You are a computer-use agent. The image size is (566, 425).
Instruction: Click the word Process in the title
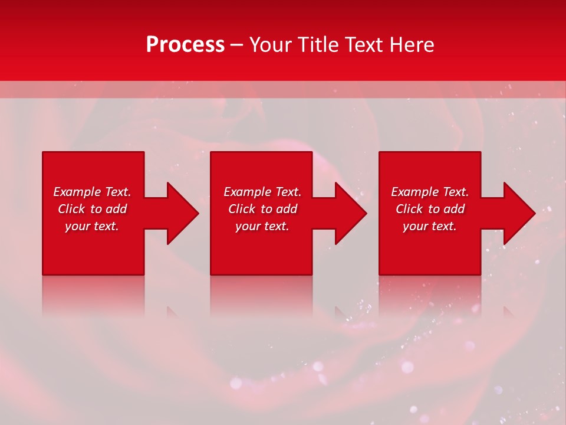[185, 45]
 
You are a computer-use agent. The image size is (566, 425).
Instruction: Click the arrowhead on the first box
[183, 213]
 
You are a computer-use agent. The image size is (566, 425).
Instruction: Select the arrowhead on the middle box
[351, 213]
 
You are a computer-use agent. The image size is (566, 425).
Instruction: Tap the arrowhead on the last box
[519, 213]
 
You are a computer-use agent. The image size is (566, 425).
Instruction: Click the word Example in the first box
[77, 192]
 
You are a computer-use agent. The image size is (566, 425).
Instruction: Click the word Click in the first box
[71, 209]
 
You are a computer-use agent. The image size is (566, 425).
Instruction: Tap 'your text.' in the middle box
[262, 226]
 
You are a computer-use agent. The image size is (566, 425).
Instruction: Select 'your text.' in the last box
[429, 226]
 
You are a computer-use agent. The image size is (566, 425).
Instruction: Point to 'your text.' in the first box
[91, 226]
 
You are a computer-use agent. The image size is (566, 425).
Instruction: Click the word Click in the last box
[409, 209]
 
